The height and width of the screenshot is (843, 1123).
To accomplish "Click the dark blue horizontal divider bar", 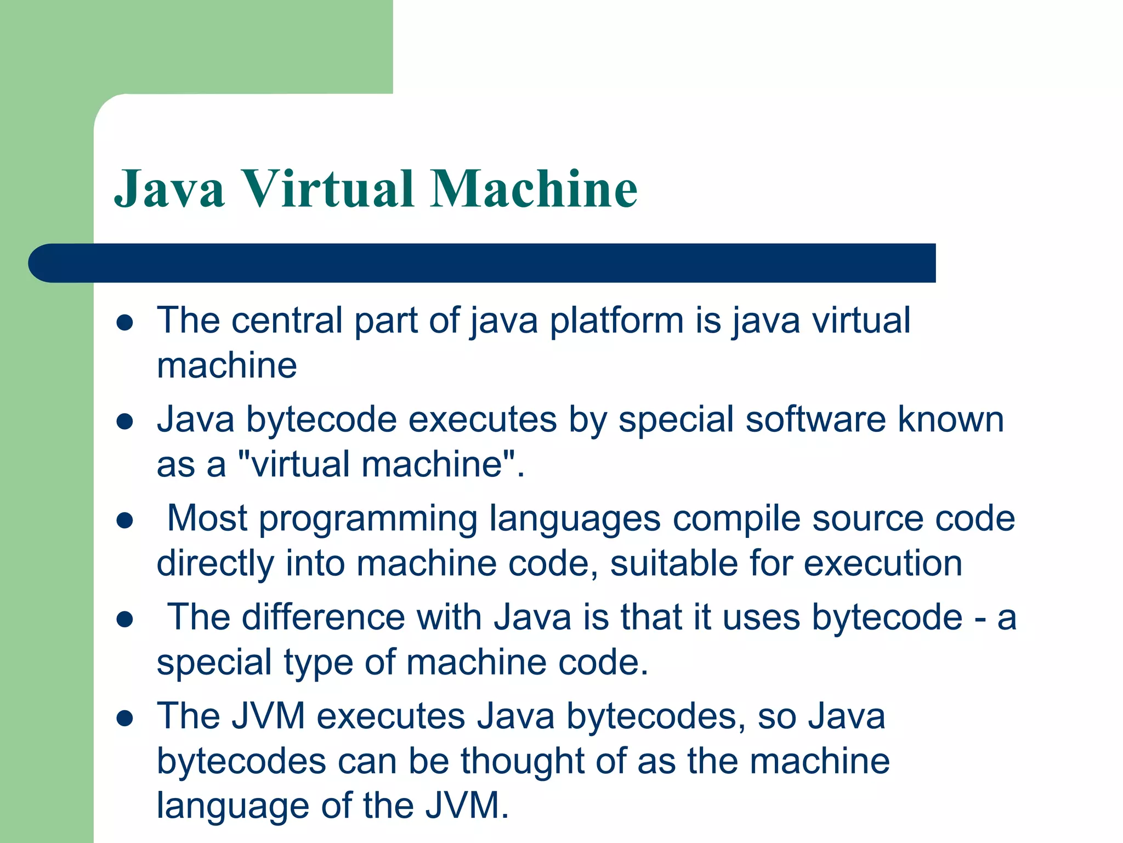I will point(483,263).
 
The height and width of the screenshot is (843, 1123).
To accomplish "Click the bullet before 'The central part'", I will point(125,322).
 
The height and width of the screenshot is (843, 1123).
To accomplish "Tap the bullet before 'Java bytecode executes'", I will point(125,421).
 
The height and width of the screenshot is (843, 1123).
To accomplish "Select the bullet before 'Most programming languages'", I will point(125,520).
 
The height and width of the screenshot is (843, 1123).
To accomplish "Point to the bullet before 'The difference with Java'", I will point(125,620).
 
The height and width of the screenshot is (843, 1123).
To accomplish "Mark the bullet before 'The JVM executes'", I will point(125,718).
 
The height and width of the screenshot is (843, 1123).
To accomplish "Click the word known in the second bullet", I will point(950,420).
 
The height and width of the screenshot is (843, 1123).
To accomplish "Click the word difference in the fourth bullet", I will point(323,617).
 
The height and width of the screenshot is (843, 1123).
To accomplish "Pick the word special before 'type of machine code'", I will point(214,663).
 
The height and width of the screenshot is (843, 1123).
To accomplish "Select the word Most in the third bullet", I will point(207,519).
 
